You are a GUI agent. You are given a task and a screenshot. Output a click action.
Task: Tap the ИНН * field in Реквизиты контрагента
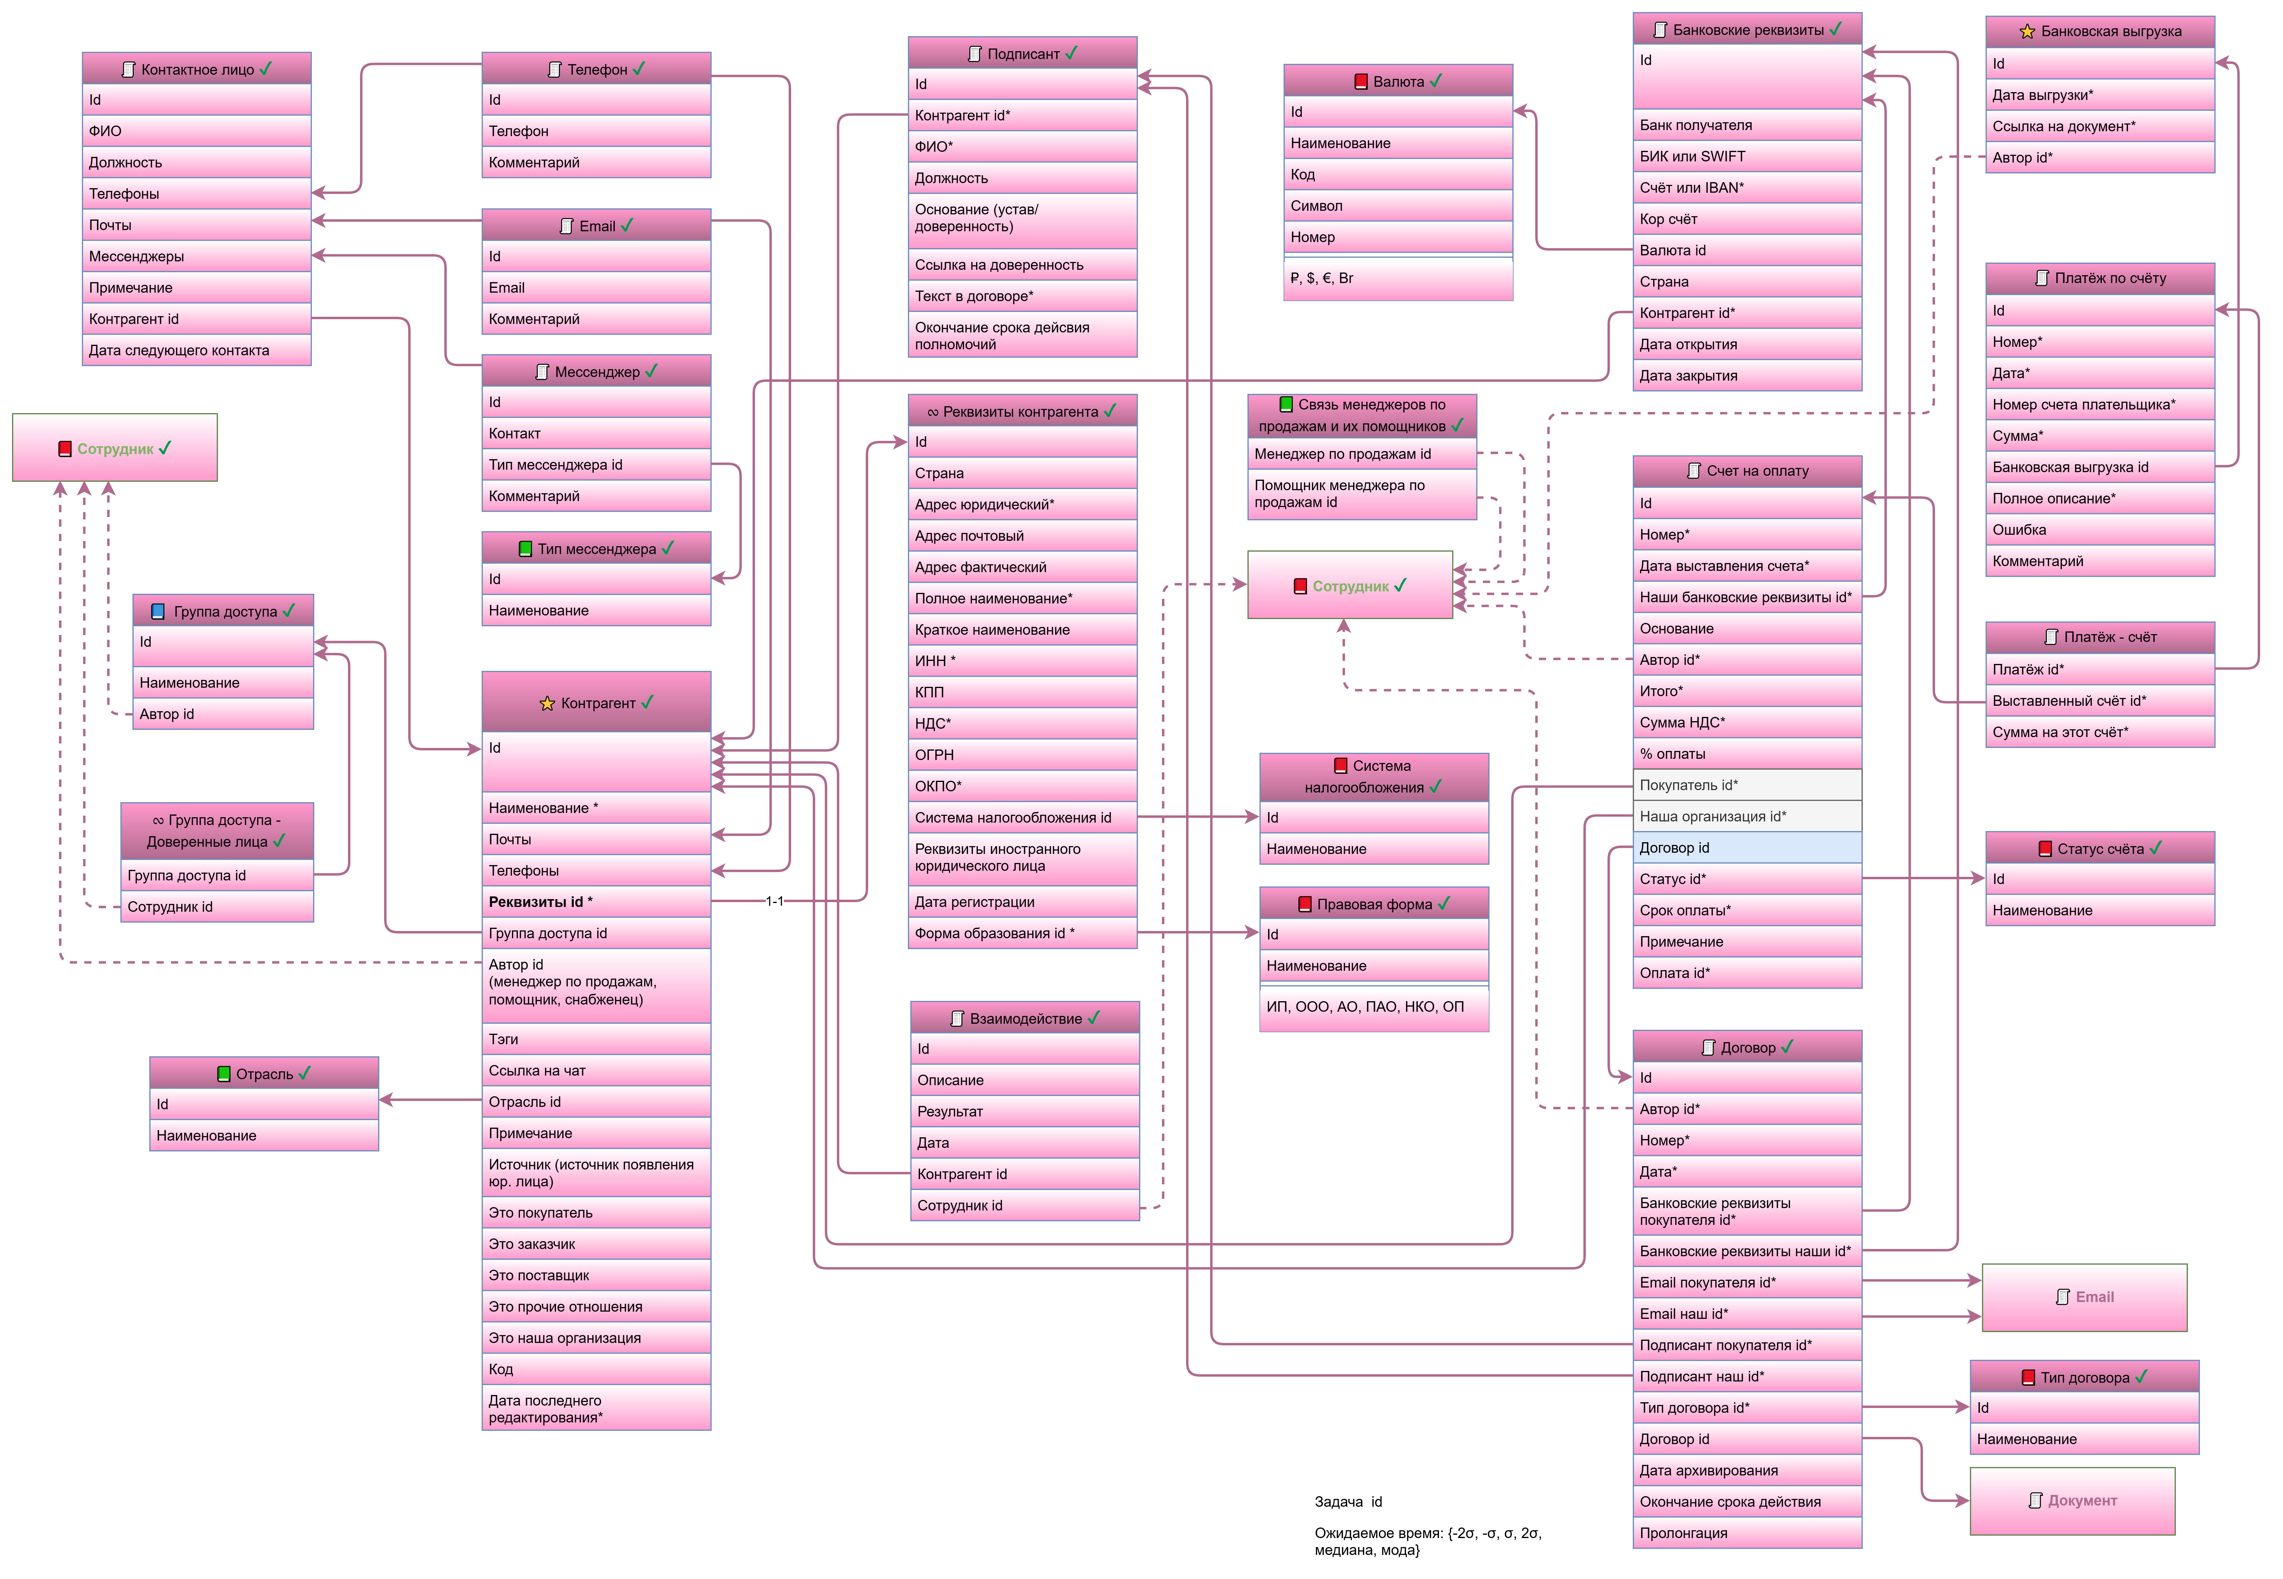tap(1022, 661)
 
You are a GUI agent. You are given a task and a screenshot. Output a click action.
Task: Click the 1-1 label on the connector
tap(775, 901)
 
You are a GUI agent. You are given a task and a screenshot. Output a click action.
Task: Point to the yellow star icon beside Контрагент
tap(547, 703)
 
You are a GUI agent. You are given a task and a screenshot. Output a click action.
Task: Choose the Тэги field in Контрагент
tap(595, 1039)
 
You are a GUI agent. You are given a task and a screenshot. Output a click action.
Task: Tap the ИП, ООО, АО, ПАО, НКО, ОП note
tap(1373, 1007)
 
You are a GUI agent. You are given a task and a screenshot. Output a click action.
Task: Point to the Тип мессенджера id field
tap(595, 465)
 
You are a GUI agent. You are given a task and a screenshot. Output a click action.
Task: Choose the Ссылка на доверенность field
tap(1022, 265)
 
